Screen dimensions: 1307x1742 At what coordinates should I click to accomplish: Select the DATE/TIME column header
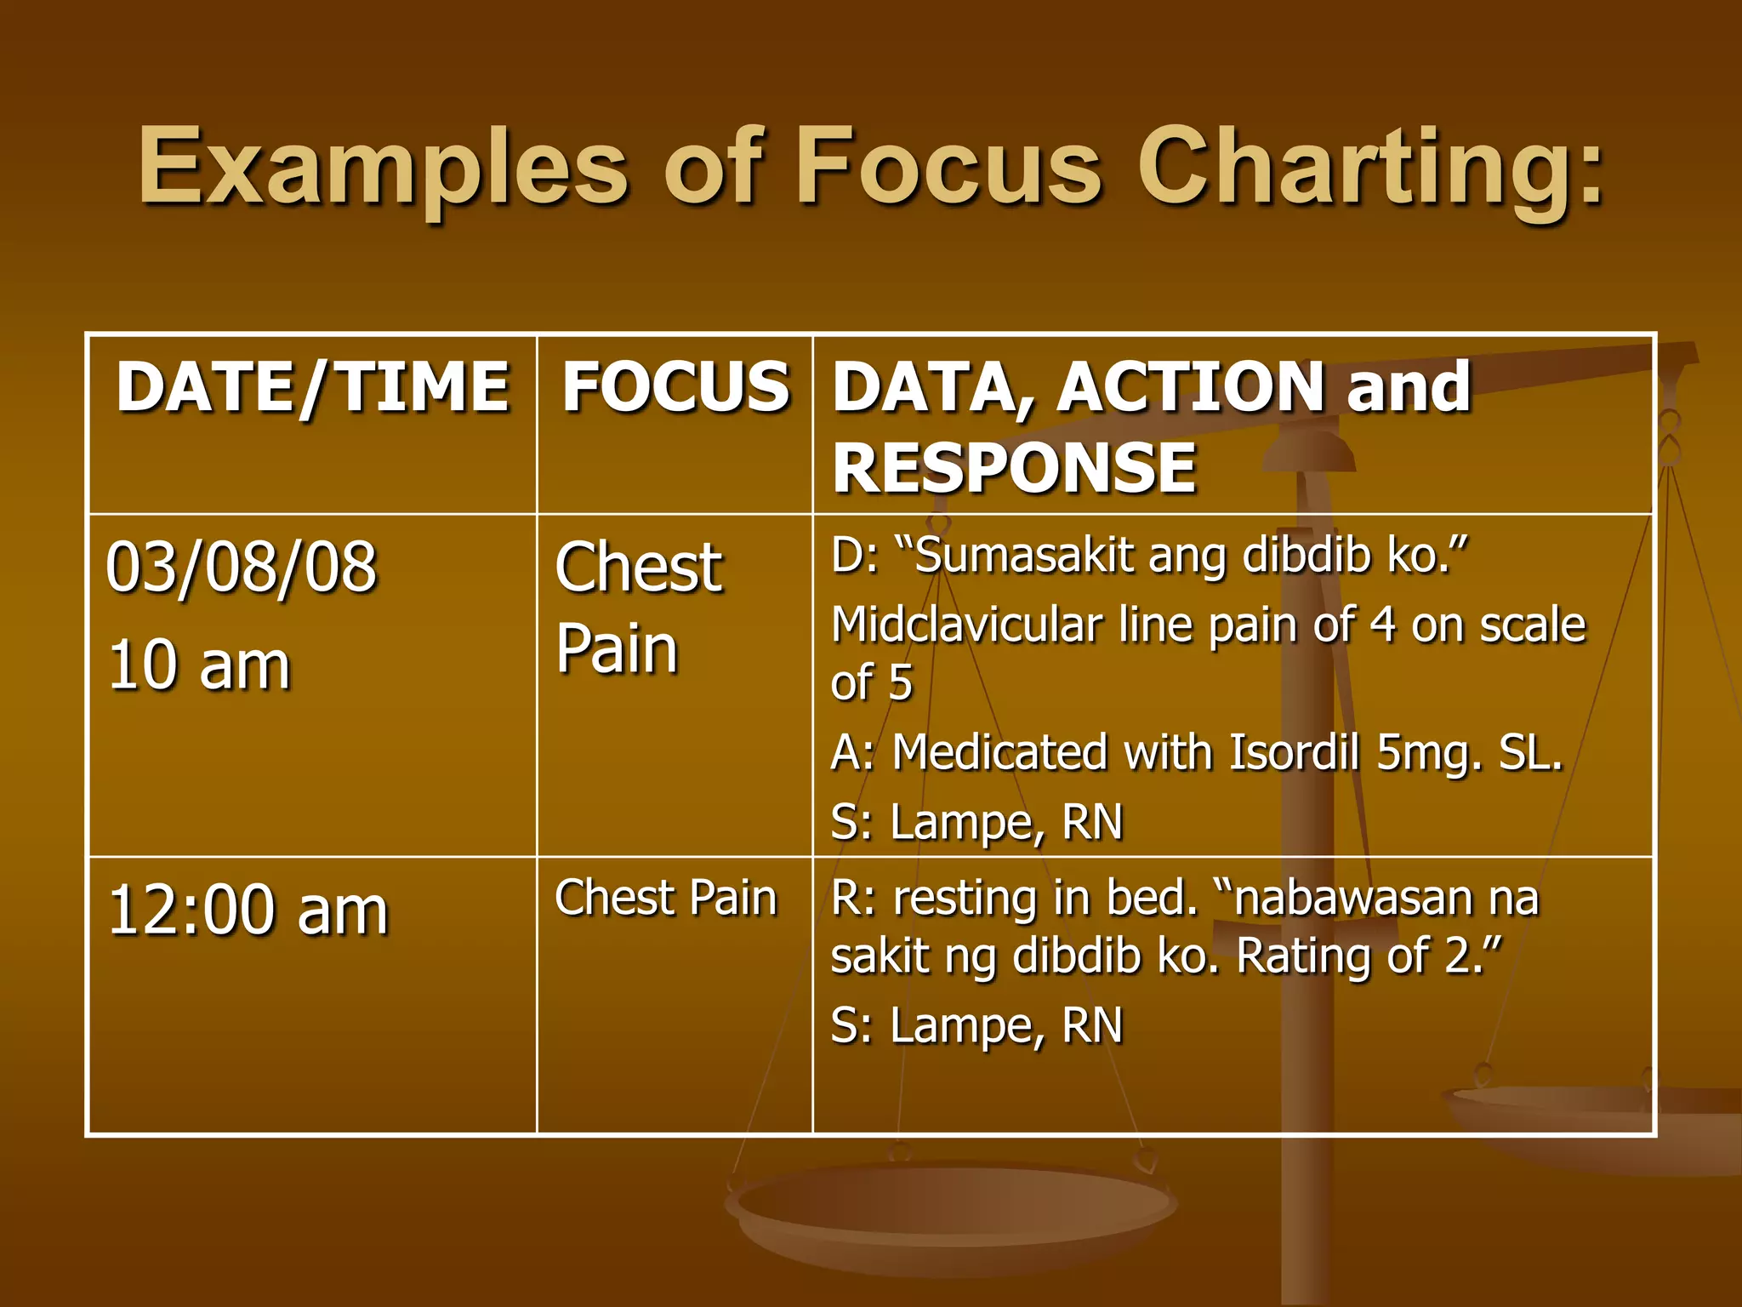coord(312,387)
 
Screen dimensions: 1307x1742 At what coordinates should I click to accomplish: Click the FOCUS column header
coord(675,387)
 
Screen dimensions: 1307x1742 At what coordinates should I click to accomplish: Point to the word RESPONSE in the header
coord(1014,467)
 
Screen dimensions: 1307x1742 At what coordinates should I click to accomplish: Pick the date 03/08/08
coord(242,568)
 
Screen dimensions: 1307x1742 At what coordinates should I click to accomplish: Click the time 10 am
coord(199,665)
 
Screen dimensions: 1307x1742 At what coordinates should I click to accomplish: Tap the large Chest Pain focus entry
coord(638,608)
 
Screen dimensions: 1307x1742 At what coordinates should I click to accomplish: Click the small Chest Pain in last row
coord(666,899)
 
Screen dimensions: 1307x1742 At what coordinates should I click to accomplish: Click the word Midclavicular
coord(967,625)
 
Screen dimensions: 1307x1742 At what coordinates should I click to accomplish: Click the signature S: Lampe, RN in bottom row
coord(976,1025)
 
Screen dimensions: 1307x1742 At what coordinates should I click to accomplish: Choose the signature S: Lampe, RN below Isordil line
coord(976,823)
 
